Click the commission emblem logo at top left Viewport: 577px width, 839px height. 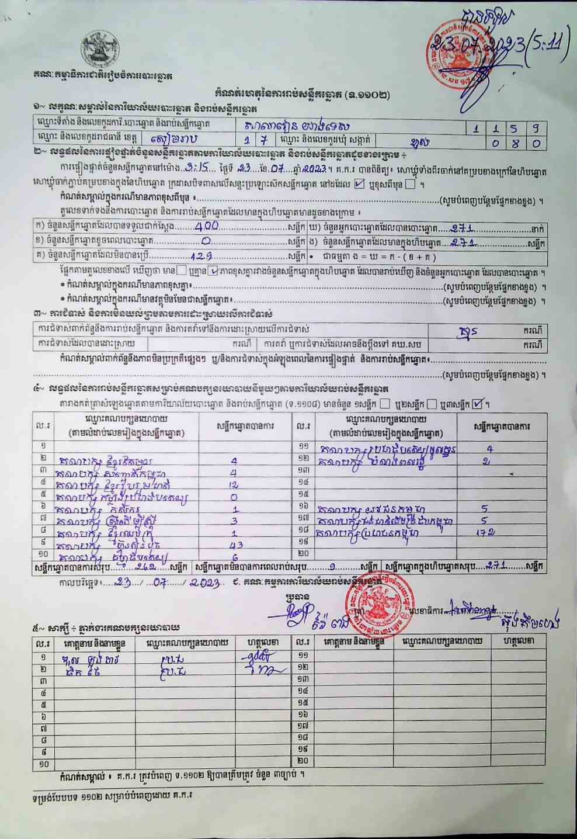pos(100,50)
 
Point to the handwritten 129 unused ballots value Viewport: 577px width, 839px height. pos(201,255)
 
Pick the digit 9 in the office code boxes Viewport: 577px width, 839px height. pos(535,127)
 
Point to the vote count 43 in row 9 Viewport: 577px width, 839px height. pos(236,545)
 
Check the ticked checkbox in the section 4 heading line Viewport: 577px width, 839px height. pos(478,403)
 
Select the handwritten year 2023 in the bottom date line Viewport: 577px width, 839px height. pos(204,583)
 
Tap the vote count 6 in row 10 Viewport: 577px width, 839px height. pos(235,557)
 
